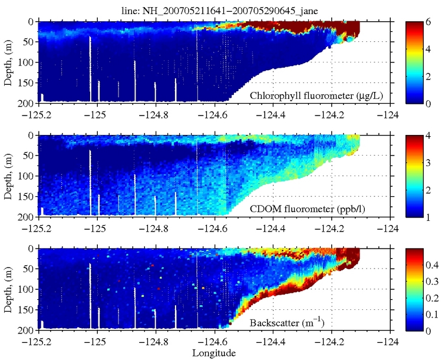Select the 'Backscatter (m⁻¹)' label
click(287, 323)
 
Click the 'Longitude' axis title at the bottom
click(213, 353)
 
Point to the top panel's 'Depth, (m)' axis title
click(8, 62)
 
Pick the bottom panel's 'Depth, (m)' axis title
click(8, 289)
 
